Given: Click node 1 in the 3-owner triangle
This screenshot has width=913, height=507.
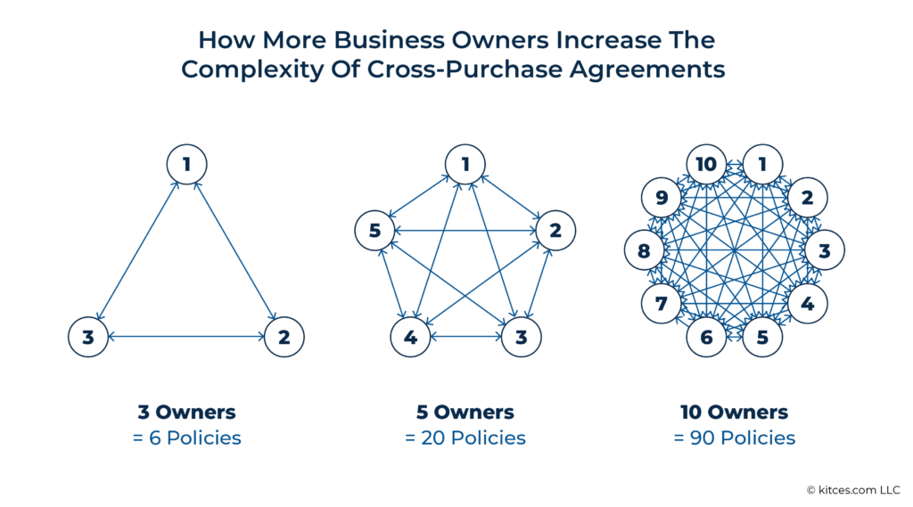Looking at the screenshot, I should pos(187,164).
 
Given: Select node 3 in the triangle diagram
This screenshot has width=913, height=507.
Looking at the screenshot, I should pos(88,337).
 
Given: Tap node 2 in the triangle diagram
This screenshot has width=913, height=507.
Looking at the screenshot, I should pos(284,337).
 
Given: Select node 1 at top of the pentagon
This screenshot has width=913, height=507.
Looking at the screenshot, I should pos(465,164).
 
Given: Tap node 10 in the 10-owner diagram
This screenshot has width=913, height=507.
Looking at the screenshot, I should pos(705,165).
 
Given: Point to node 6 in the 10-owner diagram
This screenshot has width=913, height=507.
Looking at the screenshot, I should pos(705,337).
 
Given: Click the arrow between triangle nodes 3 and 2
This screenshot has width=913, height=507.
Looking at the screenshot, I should pos(186,337).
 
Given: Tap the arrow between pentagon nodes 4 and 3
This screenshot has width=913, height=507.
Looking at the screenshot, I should pos(465,337).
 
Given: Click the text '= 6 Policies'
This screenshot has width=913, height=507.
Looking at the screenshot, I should pos(186,437).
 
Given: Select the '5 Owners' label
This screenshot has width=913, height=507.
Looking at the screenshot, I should pos(465,413).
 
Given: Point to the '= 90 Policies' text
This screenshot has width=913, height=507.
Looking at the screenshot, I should pos(734,437).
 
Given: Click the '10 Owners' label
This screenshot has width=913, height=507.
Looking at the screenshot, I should pos(734,413).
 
